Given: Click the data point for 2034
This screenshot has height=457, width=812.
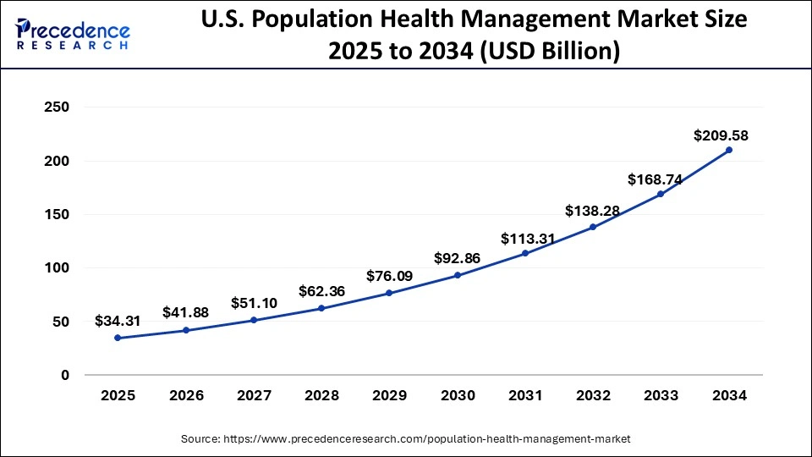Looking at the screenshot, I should (729, 150).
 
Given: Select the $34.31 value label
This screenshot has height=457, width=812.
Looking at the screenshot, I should (118, 321).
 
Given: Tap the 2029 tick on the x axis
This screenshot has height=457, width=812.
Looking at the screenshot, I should (389, 396).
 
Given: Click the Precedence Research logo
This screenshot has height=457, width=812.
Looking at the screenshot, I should (73, 34).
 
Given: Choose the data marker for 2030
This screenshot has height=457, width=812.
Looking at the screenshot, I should (458, 275).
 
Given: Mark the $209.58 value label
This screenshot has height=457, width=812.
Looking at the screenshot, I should (721, 135).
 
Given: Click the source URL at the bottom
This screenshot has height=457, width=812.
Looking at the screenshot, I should (406, 438).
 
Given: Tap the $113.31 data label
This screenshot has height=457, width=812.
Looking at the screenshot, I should (528, 239).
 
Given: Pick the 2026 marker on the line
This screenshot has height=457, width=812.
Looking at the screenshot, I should (186, 330).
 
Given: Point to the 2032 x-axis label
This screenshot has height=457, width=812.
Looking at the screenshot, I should (593, 396).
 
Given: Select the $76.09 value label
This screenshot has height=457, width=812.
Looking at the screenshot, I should (390, 276).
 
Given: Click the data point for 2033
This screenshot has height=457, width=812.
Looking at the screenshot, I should (661, 194).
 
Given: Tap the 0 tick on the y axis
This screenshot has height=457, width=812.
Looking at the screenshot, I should (65, 375).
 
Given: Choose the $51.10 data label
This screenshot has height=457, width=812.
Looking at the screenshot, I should (255, 303).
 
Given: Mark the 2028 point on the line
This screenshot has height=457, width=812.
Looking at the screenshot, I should (321, 308).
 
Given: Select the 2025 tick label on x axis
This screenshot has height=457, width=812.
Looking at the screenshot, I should (118, 396).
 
